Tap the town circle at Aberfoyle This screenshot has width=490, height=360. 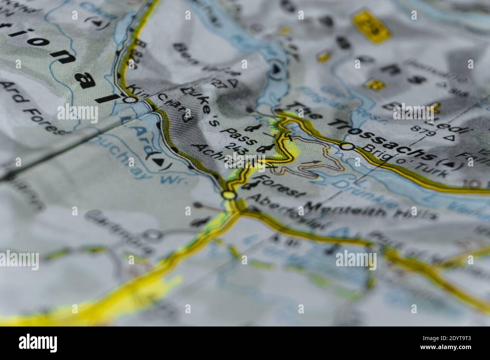click(228, 195)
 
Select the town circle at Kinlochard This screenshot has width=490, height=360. click(130, 100)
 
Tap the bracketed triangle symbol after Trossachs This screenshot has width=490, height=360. click(450, 165)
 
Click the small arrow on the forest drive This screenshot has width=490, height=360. click(316, 163)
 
